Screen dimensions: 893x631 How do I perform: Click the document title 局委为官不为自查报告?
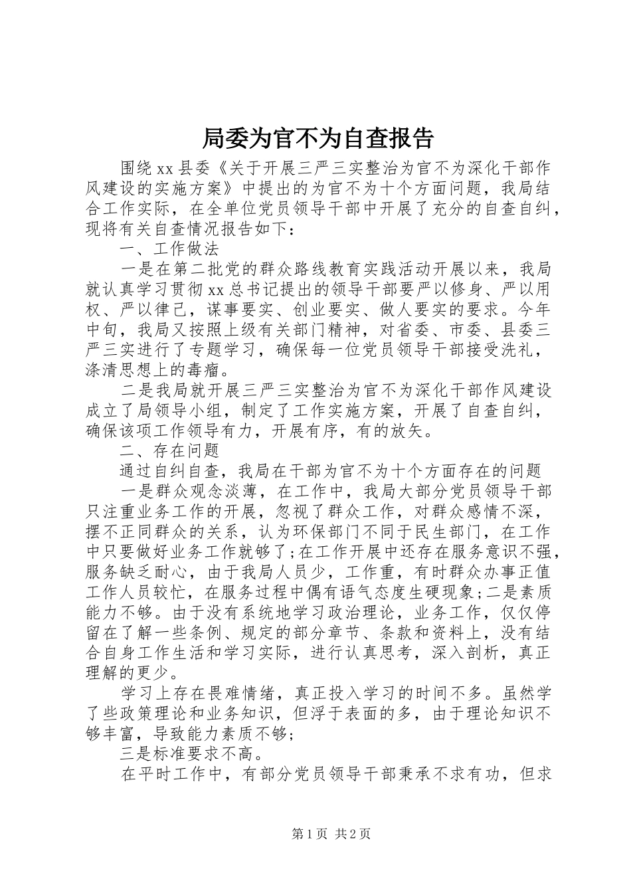coord(316,138)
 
